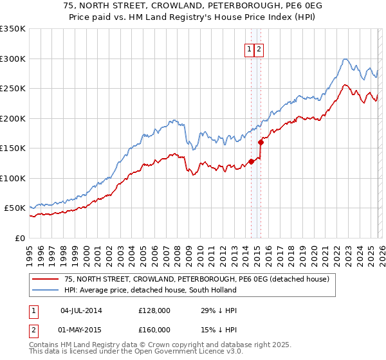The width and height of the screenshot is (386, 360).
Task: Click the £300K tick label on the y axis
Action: [x=13, y=59]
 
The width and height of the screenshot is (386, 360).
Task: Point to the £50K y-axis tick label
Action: [x=15, y=208]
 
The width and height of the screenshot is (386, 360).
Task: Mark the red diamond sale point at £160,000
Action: [x=261, y=142]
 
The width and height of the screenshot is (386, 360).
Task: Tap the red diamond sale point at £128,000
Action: [x=252, y=161]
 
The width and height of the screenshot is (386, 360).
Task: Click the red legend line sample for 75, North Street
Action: [x=46, y=280]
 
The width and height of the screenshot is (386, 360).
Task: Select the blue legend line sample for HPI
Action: [x=46, y=290]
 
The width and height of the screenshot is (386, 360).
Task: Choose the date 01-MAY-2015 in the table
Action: [x=80, y=330]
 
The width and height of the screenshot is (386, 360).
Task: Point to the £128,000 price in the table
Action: [x=154, y=310]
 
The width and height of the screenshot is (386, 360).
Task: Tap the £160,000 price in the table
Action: [x=154, y=330]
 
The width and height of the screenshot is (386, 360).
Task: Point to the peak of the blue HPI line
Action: [x=345, y=59]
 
